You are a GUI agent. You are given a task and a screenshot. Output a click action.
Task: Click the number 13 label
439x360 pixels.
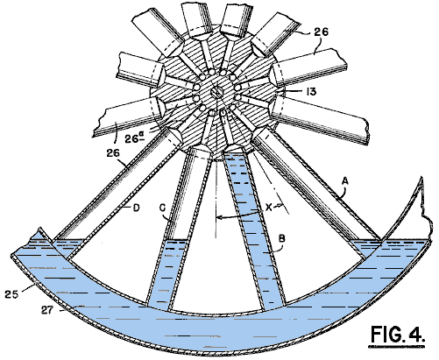tap(311, 92)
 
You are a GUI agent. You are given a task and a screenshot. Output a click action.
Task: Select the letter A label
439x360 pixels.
tap(345, 181)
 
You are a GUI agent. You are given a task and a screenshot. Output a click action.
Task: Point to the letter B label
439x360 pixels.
tap(281, 238)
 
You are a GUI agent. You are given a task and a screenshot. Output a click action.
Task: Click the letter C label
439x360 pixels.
tap(162, 208)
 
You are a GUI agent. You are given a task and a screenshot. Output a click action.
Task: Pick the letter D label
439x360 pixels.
tap(136, 208)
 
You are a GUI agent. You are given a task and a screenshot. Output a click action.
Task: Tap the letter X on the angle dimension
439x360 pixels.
tap(269, 208)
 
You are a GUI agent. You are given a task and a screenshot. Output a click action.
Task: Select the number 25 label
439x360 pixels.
tap(11, 294)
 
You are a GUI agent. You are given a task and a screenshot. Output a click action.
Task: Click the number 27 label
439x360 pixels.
tap(47, 310)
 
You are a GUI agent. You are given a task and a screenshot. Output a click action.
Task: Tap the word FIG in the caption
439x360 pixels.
tap(385, 334)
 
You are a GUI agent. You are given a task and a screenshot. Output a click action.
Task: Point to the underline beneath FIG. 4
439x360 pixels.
tap(396, 347)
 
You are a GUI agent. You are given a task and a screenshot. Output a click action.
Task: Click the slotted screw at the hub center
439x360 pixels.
tap(217, 93)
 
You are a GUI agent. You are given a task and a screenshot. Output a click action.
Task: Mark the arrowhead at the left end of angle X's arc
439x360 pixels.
tap(218, 217)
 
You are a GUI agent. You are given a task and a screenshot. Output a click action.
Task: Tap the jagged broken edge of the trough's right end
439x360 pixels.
tap(425, 208)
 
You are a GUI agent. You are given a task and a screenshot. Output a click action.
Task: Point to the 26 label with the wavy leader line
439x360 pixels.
tap(322, 32)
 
